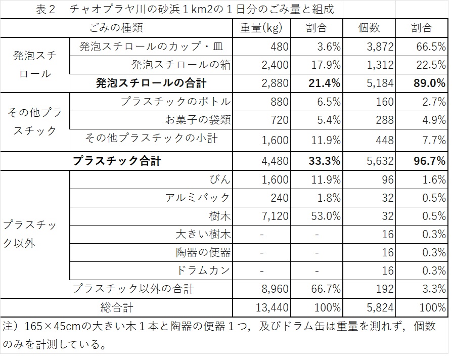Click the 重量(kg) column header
[x=261, y=28]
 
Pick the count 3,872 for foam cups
[x=378, y=47]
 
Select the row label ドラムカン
[x=204, y=271]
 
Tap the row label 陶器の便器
[x=203, y=253]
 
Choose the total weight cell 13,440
[x=272, y=307]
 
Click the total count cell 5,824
[x=378, y=307]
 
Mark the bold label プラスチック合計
[x=117, y=161]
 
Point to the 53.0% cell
[x=326, y=216]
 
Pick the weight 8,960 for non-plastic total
[x=275, y=289]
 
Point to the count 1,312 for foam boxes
[x=378, y=65]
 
